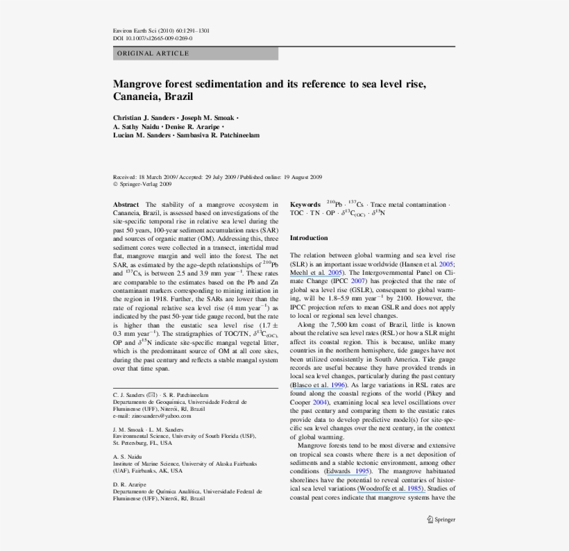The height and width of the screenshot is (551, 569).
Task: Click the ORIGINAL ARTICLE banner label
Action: pyautogui.click(x=153, y=53)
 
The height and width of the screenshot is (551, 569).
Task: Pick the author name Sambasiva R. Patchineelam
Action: pyautogui.click(x=221, y=135)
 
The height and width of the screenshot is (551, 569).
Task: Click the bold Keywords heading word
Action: pyautogui.click(x=305, y=205)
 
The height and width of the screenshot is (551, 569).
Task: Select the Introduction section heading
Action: pyautogui.click(x=309, y=238)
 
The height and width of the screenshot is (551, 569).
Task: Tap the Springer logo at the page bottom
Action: pyautogui.click(x=441, y=519)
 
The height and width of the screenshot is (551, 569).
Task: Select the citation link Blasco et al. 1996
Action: pyautogui.click(x=318, y=384)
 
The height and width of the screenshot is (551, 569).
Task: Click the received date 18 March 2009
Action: pyautogui.click(x=158, y=178)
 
